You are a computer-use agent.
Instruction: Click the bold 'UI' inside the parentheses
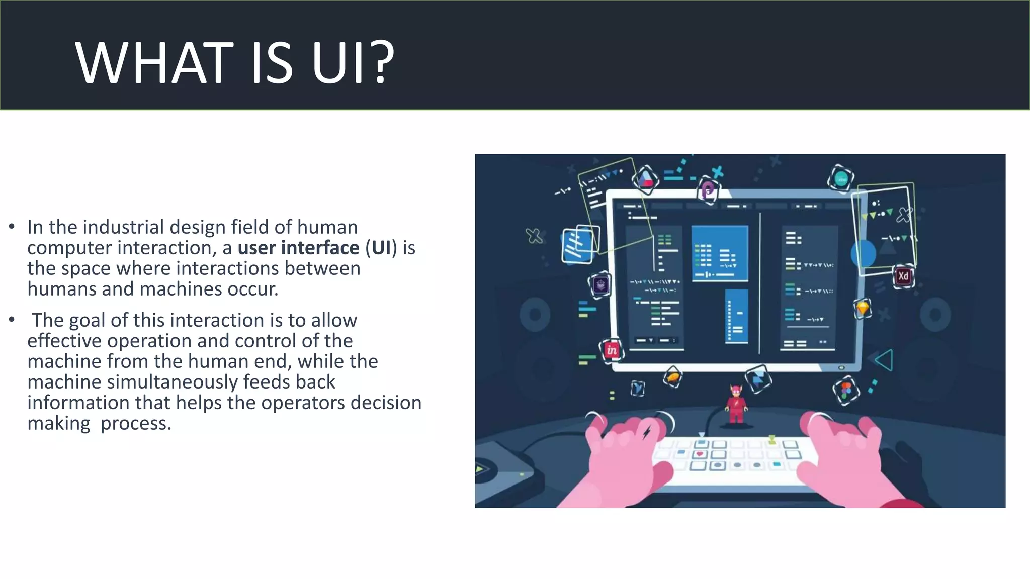coord(381,248)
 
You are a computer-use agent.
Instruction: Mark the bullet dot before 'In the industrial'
coord(12,227)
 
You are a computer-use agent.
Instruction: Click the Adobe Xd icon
coord(903,276)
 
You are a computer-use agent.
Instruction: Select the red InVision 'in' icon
coord(612,350)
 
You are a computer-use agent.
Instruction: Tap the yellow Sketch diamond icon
coord(863,308)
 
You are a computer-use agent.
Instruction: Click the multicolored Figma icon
coord(846,391)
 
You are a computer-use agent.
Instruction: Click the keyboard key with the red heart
coord(700,454)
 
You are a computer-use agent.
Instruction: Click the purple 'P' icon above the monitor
coord(708,190)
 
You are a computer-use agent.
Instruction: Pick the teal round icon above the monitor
coord(841,178)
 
